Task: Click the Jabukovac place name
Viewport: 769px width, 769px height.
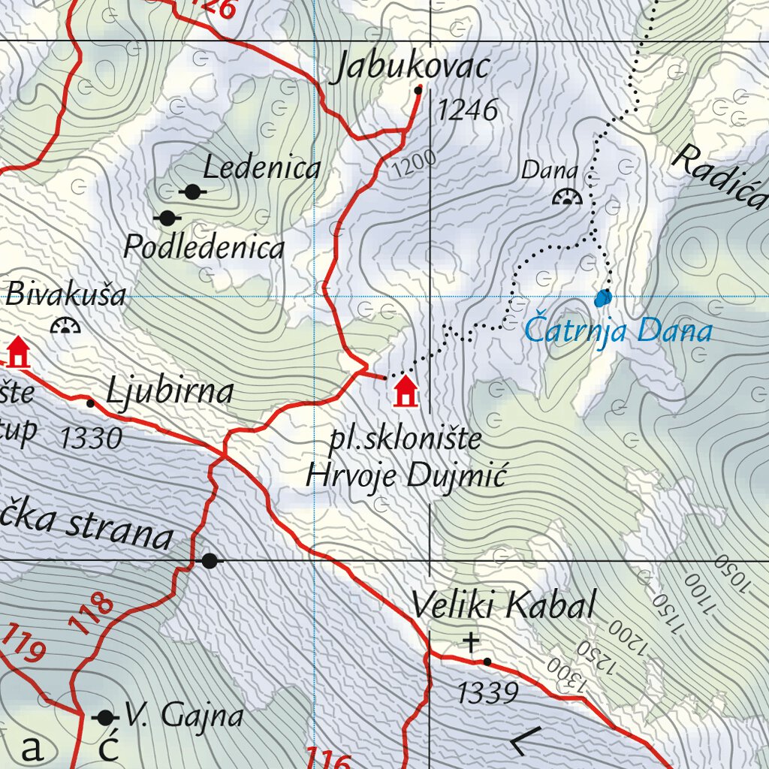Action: pos(412,68)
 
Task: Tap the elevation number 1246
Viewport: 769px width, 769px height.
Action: pos(467,110)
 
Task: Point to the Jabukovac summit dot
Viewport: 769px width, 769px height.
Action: pos(418,89)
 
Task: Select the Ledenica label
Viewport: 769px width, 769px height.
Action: pos(261,168)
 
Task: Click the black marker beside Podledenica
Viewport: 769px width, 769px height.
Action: pos(167,218)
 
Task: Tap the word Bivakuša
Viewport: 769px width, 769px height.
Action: pos(66,294)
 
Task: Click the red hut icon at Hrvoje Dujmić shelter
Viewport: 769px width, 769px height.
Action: pos(406,391)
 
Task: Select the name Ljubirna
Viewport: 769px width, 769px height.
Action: pos(170,392)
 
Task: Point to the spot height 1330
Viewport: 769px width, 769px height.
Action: pos(91,438)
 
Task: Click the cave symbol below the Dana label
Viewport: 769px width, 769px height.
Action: pos(567,198)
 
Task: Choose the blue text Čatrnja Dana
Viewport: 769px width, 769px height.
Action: pos(617,330)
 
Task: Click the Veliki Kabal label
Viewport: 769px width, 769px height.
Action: pos(504,605)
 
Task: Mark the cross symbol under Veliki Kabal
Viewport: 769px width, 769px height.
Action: pos(471,642)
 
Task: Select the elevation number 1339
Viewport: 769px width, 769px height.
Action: pos(487,692)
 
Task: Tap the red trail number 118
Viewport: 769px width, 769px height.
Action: pos(95,614)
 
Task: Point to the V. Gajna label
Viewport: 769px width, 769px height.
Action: pos(184,716)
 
